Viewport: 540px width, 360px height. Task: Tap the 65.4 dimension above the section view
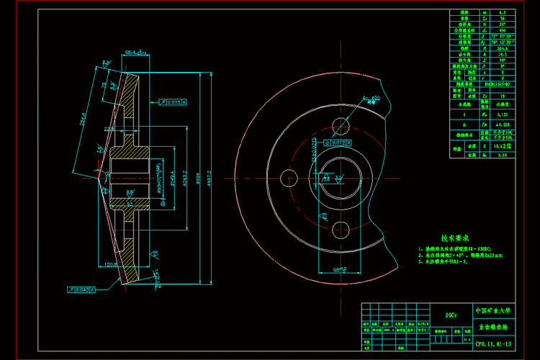134,53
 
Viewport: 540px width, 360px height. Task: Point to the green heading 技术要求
455,238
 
